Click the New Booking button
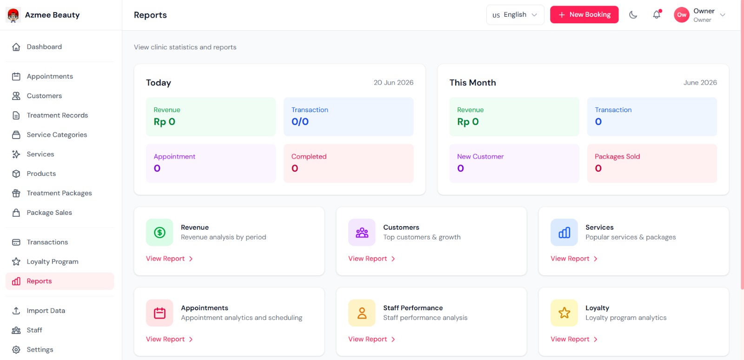(x=584, y=14)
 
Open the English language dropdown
(x=515, y=14)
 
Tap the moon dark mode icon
(x=633, y=14)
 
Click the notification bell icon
(x=657, y=14)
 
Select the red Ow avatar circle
(x=682, y=15)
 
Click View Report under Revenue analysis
(x=169, y=259)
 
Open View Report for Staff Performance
(x=372, y=339)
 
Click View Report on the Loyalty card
(x=574, y=339)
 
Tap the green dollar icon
(x=159, y=233)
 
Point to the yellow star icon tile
(x=564, y=313)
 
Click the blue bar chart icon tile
(x=564, y=233)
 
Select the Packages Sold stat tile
(x=652, y=163)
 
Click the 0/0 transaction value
(x=300, y=121)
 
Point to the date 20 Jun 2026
(x=393, y=83)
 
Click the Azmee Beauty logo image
(x=13, y=15)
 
